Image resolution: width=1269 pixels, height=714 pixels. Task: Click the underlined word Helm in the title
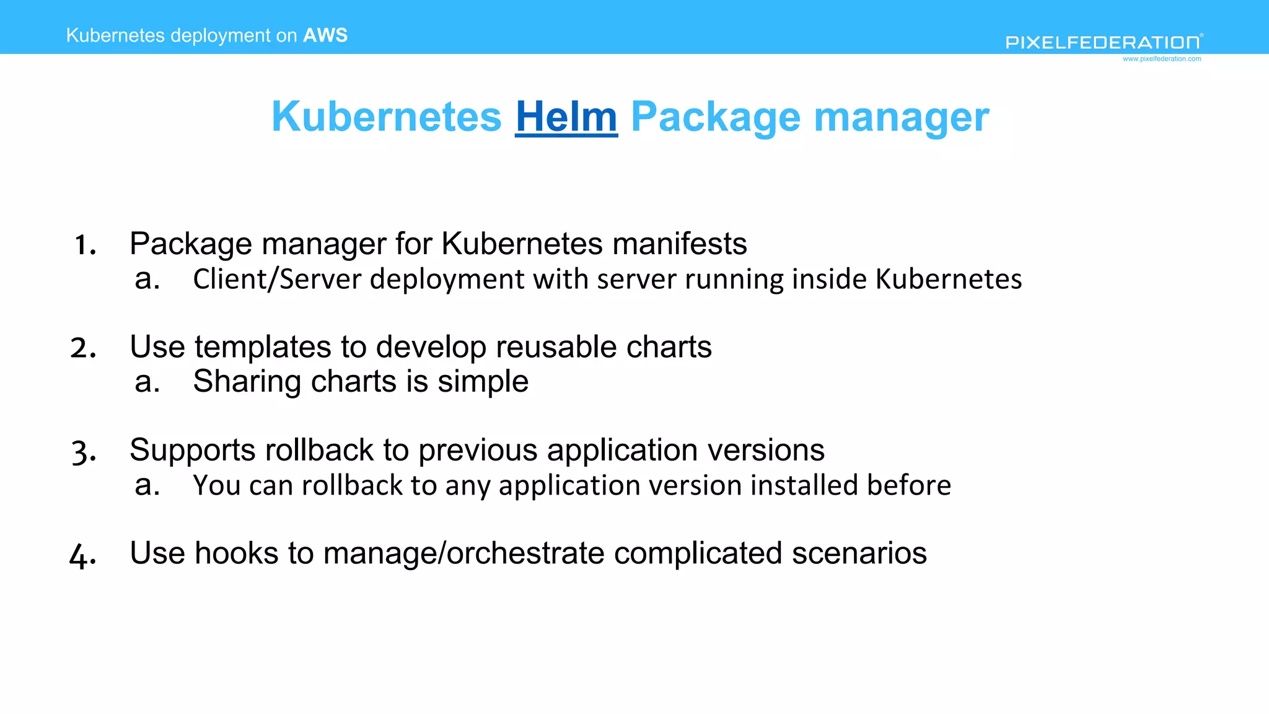click(x=566, y=117)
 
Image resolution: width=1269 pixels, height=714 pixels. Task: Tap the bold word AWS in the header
click(x=325, y=35)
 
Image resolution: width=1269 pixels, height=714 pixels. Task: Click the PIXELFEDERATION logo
click(x=1103, y=42)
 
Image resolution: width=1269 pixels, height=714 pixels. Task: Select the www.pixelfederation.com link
click(x=1162, y=59)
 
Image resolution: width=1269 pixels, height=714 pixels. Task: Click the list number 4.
click(x=82, y=555)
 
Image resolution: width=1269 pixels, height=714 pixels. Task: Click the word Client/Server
click(x=277, y=279)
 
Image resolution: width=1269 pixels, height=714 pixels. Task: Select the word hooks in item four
click(x=236, y=553)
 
